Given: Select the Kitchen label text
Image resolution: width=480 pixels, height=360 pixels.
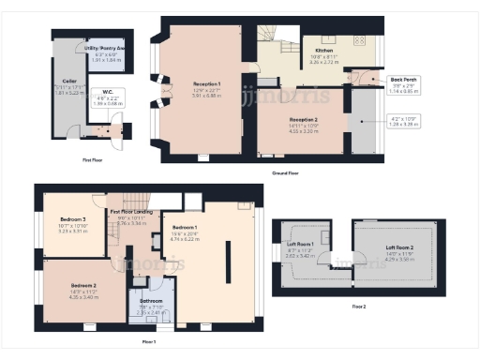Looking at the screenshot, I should point(324,50).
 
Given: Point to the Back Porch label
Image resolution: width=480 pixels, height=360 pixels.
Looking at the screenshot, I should point(404,80).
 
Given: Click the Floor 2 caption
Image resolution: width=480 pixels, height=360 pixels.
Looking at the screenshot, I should point(360,307).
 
